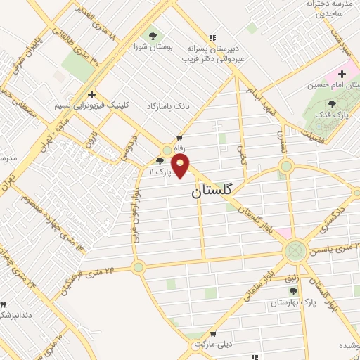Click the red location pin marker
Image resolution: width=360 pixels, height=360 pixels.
[x=181, y=166]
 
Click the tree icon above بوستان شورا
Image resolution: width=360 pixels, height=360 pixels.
[x=152, y=35]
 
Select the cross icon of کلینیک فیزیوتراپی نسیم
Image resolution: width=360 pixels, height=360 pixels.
[x=91, y=94]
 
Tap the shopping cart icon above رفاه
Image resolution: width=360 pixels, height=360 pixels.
[x=180, y=138]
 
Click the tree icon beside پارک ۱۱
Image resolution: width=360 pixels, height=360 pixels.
[x=160, y=162]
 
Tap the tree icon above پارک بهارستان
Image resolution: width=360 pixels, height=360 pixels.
[x=274, y=290]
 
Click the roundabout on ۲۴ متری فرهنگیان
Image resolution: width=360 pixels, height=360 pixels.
[x=139, y=266]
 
